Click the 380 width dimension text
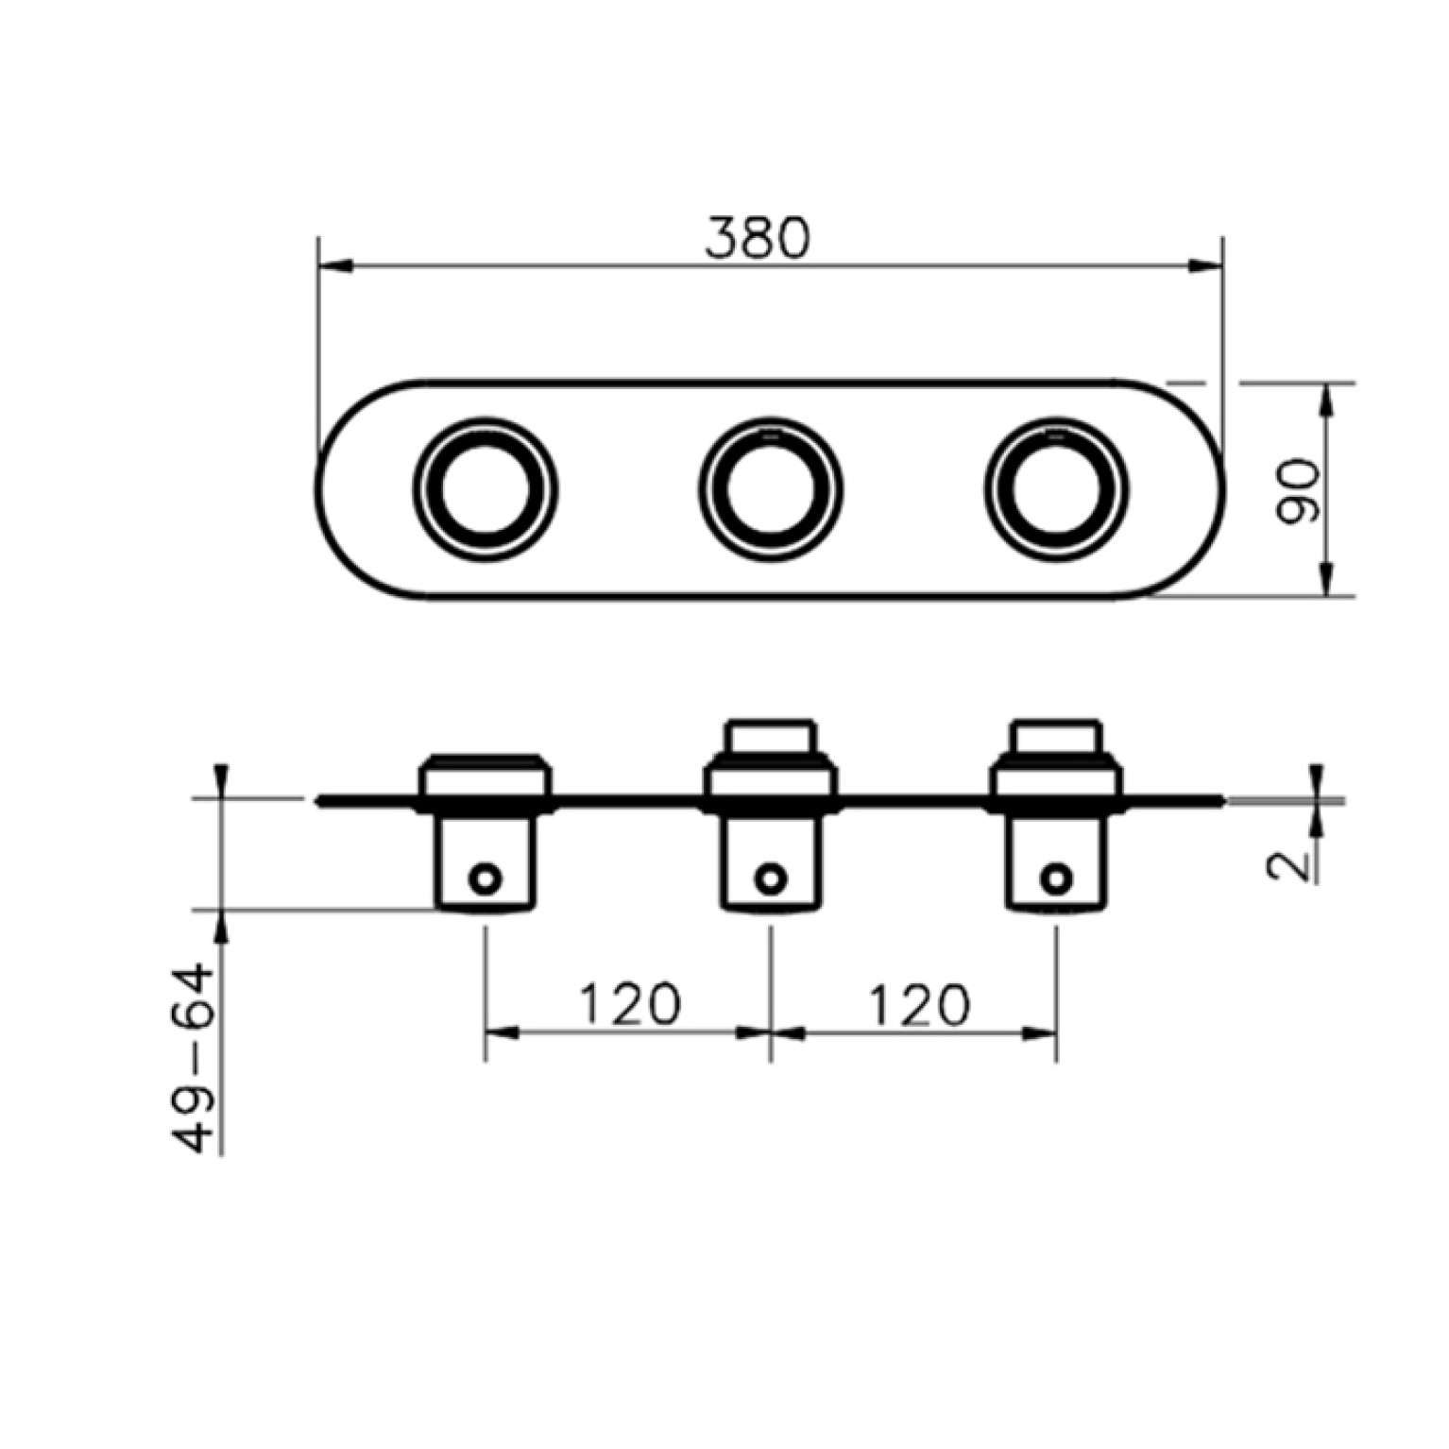click(758, 238)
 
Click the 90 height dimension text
click(1296, 490)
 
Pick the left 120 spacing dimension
click(628, 1004)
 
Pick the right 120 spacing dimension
click(918, 1004)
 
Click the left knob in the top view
click(485, 487)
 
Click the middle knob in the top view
click(771, 487)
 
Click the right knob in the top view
click(1056, 487)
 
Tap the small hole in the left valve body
click(486, 878)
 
